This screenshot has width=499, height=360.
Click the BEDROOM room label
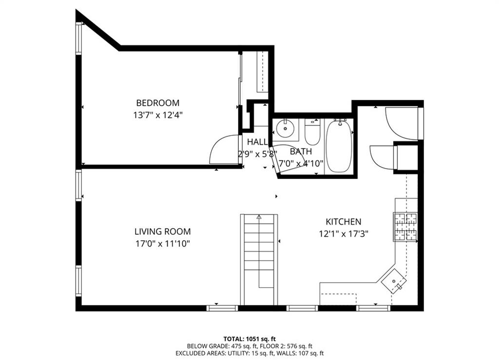157,103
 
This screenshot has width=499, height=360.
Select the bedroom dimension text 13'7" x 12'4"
157,115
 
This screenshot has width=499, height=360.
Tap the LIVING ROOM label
162,232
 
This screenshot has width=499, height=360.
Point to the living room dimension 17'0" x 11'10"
162,244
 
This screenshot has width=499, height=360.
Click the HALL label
257,142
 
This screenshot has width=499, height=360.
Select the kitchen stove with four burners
405,227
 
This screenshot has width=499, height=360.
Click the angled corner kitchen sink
394,281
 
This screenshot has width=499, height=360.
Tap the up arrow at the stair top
259,217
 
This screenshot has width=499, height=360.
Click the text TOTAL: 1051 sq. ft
249,339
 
